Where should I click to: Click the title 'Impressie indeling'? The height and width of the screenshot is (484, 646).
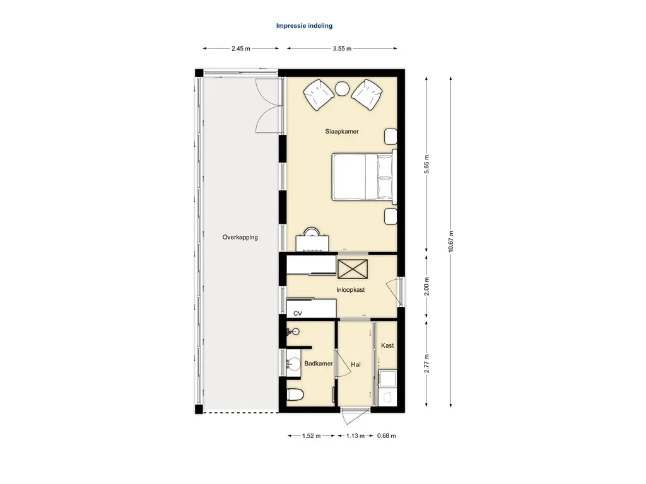(304, 25)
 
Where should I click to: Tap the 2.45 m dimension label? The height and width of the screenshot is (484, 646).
(240, 49)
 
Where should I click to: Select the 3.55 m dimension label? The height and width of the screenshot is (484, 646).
(342, 49)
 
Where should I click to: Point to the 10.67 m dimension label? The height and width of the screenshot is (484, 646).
(450, 241)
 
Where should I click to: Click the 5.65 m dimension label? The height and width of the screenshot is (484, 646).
(427, 164)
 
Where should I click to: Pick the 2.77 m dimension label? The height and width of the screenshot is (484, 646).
(427, 364)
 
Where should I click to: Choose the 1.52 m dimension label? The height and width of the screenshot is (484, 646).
(311, 436)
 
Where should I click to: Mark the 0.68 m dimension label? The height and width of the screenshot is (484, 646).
(387, 436)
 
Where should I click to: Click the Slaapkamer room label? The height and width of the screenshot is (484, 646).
(342, 132)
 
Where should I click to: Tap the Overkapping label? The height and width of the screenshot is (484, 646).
(240, 238)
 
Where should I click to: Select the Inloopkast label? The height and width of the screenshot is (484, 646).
(351, 290)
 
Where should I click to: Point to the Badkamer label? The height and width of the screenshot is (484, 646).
(319, 364)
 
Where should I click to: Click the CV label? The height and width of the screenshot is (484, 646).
(298, 314)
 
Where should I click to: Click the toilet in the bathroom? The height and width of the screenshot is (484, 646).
(295, 395)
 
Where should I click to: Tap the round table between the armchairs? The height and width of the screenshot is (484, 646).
(343, 88)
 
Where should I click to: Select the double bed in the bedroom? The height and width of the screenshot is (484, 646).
(364, 177)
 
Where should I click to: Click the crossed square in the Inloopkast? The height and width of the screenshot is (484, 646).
(353, 269)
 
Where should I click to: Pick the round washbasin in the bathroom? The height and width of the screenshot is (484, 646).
(294, 364)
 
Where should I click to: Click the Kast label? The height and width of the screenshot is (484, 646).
(387, 346)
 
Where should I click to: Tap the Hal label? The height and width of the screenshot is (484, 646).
(356, 365)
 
